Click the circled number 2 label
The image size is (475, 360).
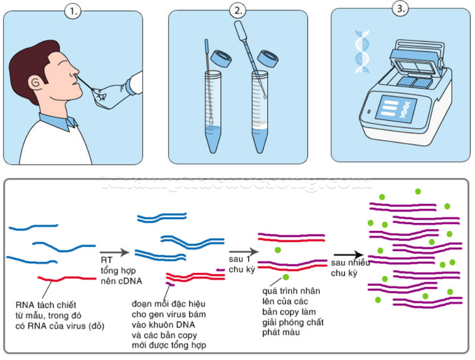tap(238, 11)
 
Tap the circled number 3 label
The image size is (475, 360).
tap(400, 8)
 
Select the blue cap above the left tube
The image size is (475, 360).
tap(221, 60)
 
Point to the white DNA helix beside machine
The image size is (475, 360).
tap(363, 52)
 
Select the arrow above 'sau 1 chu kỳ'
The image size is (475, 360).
tap(241, 252)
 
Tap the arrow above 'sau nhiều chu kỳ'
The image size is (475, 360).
tap(348, 255)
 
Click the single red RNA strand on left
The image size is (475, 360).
tap(67, 279)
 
